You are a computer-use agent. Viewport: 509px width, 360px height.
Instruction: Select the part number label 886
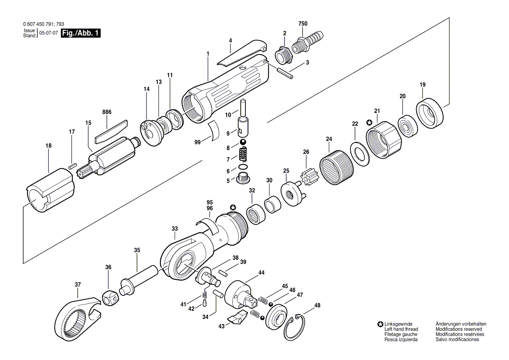(x=107, y=112)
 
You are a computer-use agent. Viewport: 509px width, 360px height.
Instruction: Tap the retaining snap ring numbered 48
(x=295, y=327)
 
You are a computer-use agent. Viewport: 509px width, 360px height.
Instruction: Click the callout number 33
(x=175, y=229)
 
